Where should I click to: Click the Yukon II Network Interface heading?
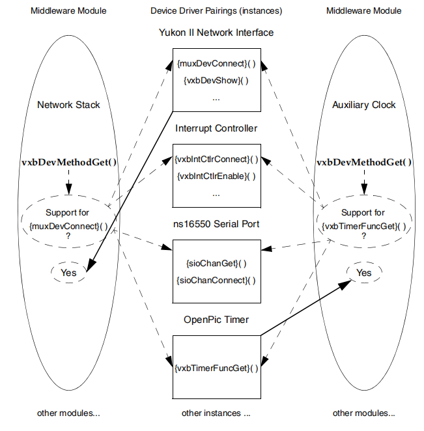pos(216,32)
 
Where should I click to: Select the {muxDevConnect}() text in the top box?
pos(216,64)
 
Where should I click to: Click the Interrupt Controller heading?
pos(216,128)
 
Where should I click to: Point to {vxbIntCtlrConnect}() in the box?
pos(216,160)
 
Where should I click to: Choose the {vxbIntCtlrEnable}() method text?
pos(216,176)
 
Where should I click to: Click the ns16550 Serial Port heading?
pos(216,224)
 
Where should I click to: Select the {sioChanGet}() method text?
pos(216,264)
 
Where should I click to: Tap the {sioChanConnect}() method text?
pos(216,280)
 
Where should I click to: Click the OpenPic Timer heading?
pos(216,320)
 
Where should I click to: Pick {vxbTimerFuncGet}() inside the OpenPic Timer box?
pos(216,368)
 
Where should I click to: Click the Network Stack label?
pos(68,104)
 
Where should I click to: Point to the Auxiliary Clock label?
pos(363,104)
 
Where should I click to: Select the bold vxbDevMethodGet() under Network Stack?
pos(68,162)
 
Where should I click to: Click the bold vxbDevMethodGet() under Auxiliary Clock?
pos(363,162)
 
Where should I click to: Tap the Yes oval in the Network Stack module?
pos(68,273)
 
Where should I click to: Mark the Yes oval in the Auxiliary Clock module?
pos(363,273)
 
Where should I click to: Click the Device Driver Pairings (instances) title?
pos(216,11)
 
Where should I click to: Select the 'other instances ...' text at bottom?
pos(216,413)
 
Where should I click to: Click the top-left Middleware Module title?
pos(68,11)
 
